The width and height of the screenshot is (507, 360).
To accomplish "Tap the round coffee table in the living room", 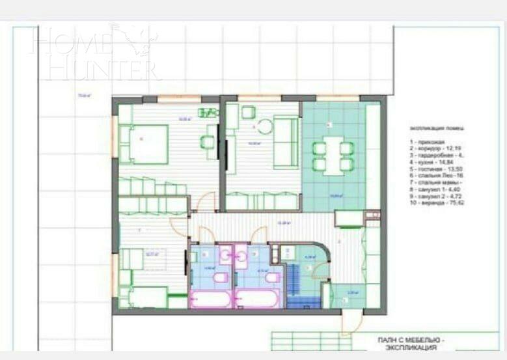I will [265, 126].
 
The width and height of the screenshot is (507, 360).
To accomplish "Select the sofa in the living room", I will [285, 141].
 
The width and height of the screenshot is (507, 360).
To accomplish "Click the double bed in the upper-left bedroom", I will [144, 144].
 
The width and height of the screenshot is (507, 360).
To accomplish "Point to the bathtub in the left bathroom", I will [210, 299].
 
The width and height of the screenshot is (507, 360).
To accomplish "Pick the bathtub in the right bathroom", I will [257, 299].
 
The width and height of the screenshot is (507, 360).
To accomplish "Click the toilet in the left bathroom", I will [220, 278].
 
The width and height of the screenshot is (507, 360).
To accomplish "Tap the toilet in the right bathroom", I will [272, 278].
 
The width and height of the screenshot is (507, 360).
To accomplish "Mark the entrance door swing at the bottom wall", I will [351, 322].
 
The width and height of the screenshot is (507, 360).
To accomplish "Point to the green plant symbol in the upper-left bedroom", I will [207, 112].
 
